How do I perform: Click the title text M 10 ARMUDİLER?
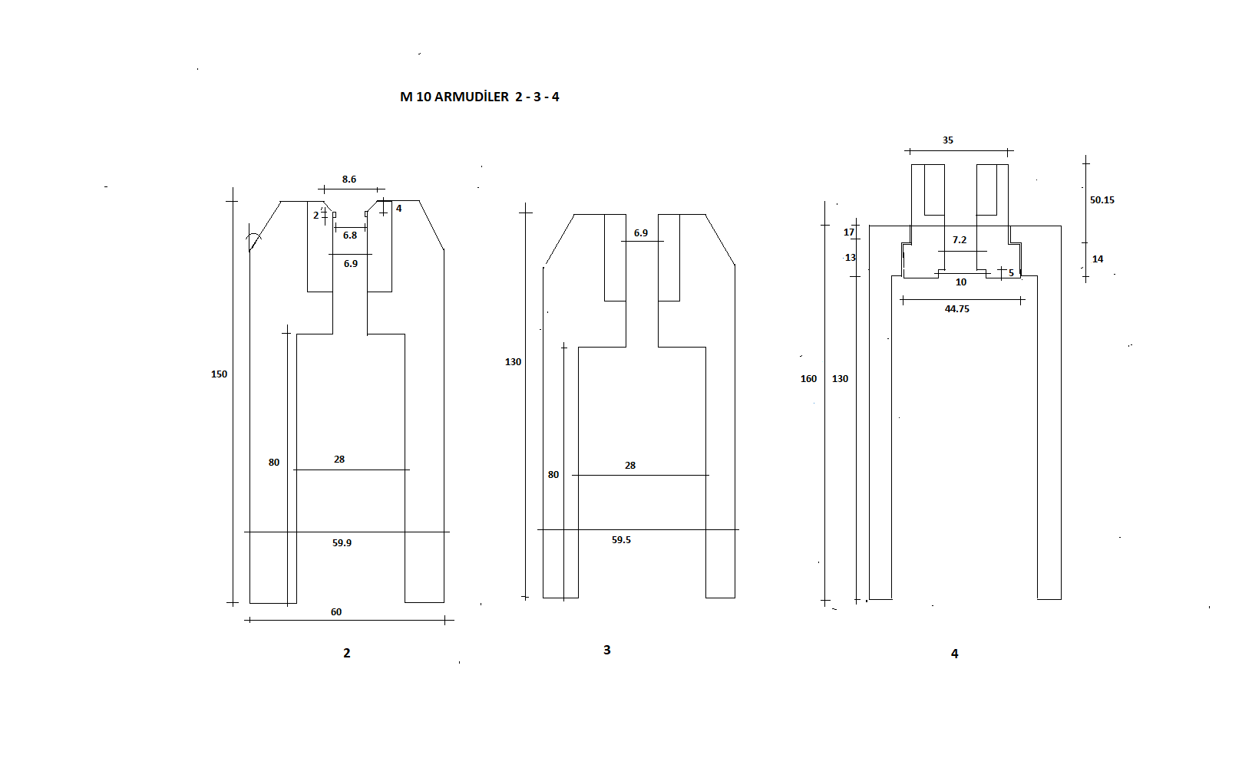pos(454,97)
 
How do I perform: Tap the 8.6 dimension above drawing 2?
pos(349,180)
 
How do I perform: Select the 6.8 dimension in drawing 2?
pos(350,236)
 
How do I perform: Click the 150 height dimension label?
pos(219,374)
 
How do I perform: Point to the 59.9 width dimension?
pos(342,543)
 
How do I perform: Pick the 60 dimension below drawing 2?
pos(336,611)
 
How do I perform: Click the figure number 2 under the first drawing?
pos(346,653)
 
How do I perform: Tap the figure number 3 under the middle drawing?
pos(607,650)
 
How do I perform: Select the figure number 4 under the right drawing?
pos(955,653)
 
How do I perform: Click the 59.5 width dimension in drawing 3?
pos(622,540)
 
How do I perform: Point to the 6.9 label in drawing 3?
pos(641,233)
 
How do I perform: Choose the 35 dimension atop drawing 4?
pos(948,140)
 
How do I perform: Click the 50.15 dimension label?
pos(1102,200)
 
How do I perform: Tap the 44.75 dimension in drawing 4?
pos(957,309)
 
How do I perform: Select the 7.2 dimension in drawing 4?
pos(960,239)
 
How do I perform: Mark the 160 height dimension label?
pos(809,379)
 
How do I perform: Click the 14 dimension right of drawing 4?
pos(1098,259)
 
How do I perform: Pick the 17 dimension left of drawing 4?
pos(849,232)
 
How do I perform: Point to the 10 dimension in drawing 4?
pos(961,282)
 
